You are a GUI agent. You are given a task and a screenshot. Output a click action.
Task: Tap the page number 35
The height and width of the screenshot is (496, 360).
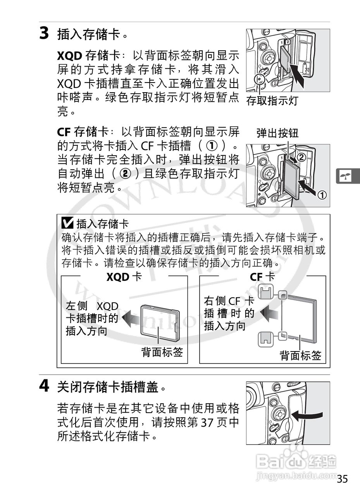[x=342, y=479]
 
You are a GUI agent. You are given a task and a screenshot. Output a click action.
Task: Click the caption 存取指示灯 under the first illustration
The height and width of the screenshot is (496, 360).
[x=272, y=101]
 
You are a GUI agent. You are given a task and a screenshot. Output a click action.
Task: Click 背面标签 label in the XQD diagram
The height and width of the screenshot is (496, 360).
[x=162, y=352]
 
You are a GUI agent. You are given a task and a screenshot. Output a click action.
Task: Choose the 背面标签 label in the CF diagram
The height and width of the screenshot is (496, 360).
[x=300, y=355]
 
